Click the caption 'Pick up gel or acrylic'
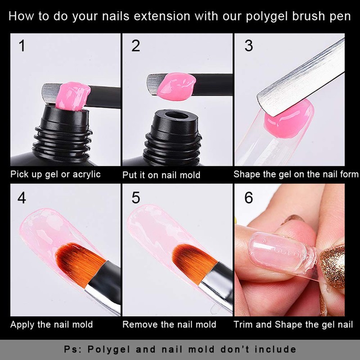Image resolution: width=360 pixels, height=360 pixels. click(56, 175)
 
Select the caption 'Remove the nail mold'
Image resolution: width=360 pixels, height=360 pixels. click(169, 324)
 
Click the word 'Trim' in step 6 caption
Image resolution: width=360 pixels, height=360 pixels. click(243, 324)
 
